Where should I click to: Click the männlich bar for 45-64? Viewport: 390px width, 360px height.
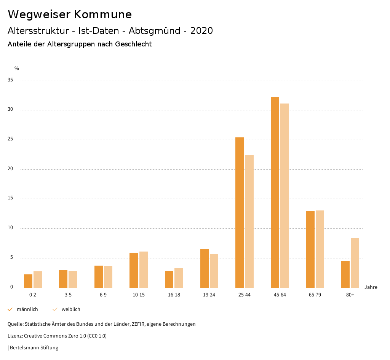pos(275,192)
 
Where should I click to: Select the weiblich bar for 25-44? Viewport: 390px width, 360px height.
pos(249,221)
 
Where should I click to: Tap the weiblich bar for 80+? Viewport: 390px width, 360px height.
pos(355,263)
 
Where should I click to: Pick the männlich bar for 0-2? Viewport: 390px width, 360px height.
pos(28,281)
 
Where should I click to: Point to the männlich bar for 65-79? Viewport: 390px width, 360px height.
pos(310,249)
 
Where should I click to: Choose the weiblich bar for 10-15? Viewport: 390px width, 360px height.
pos(144,269)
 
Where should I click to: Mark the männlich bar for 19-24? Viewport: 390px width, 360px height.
pos(205,268)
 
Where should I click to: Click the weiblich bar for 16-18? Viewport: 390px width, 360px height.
pos(179,278)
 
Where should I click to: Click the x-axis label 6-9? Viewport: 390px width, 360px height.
pos(103,295)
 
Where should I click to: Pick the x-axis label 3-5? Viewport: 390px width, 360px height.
pos(68,295)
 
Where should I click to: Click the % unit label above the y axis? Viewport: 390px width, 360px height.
pos(17,68)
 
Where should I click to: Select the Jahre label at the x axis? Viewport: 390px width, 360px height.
pos(371,287)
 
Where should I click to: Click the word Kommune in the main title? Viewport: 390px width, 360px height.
pos(103,14)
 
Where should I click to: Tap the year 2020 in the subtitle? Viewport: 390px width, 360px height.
pos(201,31)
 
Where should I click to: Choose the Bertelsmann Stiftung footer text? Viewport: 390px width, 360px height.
pos(34,347)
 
